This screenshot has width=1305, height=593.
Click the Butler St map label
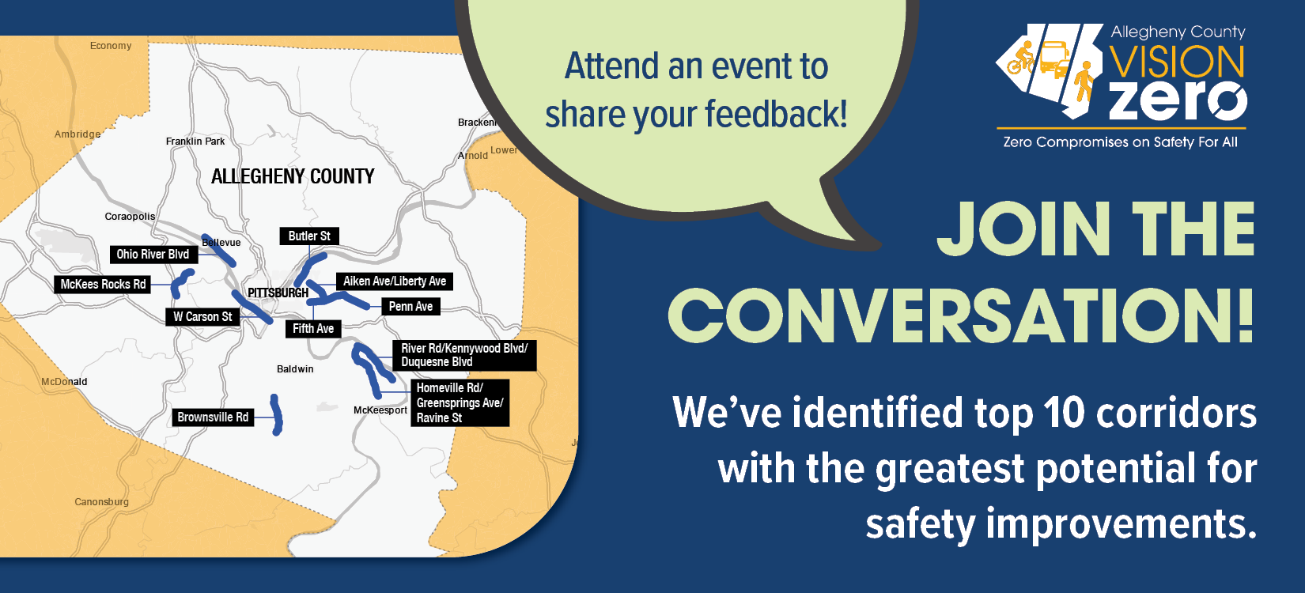click(x=309, y=236)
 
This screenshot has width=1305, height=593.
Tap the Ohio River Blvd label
click(x=153, y=255)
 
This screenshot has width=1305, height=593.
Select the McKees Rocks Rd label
click(x=104, y=285)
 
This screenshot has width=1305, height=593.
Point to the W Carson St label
click(x=202, y=317)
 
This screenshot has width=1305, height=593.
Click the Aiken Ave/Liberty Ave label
click(x=395, y=281)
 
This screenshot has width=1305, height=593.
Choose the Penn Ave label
click(x=410, y=307)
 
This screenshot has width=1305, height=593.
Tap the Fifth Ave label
click(x=313, y=329)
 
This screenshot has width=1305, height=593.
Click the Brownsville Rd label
click(x=213, y=417)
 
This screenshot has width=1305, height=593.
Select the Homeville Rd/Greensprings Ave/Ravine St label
click(x=460, y=403)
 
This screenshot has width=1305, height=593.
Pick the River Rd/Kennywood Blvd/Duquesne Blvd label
click(x=464, y=355)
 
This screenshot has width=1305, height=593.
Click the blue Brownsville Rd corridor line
click(x=277, y=415)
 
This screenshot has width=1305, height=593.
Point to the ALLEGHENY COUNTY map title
click(x=293, y=176)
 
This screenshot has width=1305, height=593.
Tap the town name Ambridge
click(x=78, y=134)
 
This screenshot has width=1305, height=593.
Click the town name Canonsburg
click(x=101, y=502)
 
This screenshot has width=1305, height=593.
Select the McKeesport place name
click(x=380, y=410)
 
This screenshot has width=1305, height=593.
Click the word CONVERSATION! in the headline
click(x=962, y=315)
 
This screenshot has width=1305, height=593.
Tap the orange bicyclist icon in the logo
click(x=1021, y=58)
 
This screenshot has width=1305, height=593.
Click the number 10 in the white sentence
click(x=1065, y=413)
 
